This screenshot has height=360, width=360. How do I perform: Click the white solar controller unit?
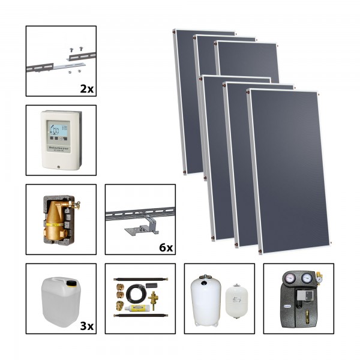pos(61,137)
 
